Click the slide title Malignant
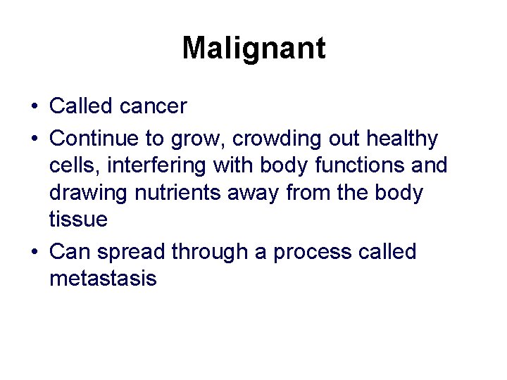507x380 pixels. (254, 49)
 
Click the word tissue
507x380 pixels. (78, 220)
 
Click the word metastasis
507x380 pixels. (103, 279)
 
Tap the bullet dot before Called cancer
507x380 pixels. (34, 107)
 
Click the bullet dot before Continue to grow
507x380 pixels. (34, 139)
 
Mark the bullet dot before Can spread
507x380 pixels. (34, 252)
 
